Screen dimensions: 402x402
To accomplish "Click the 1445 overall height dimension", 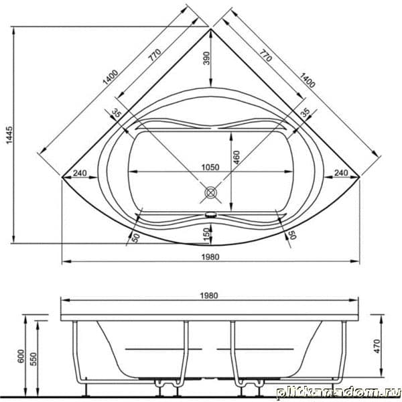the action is coord(9,135).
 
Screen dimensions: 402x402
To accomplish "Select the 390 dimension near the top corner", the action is coord(206,58).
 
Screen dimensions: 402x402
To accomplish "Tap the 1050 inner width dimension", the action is coord(210,167).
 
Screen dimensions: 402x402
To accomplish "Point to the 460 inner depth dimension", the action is coord(236,157).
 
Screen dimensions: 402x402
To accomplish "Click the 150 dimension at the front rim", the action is coord(206,234).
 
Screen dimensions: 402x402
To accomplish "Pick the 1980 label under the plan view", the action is coord(210,257).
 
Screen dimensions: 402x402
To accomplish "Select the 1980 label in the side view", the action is coord(209,296).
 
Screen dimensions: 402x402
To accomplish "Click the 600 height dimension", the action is coord(21,356).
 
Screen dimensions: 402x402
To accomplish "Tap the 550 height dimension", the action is coord(33,358).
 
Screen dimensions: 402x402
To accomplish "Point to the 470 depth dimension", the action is coord(377,346).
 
